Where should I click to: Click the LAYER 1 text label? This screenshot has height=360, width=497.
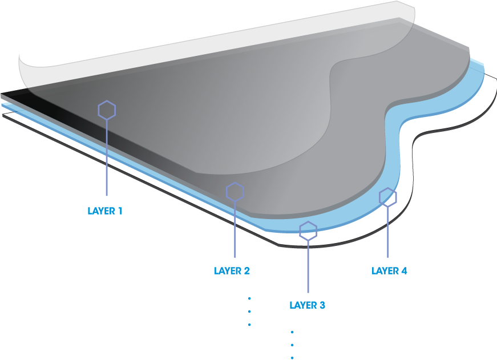105,211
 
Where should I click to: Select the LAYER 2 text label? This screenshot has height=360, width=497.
232,271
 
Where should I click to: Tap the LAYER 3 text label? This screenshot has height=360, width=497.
308,305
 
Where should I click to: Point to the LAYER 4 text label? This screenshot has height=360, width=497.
389,271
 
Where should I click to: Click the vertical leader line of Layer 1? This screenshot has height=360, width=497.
107,157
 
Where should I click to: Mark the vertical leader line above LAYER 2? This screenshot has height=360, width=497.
235,229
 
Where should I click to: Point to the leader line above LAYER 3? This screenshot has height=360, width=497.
308,266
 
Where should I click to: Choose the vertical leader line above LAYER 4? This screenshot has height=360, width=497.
387,232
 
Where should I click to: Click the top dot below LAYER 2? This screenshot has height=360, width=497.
249,298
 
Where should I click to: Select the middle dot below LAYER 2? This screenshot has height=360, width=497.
249,312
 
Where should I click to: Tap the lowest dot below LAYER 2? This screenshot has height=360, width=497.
249,325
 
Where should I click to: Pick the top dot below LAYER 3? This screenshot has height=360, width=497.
292,332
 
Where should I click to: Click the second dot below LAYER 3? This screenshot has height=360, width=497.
292,345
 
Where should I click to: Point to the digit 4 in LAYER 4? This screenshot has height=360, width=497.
404,271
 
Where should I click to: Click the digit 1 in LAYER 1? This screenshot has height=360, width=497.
120,211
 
